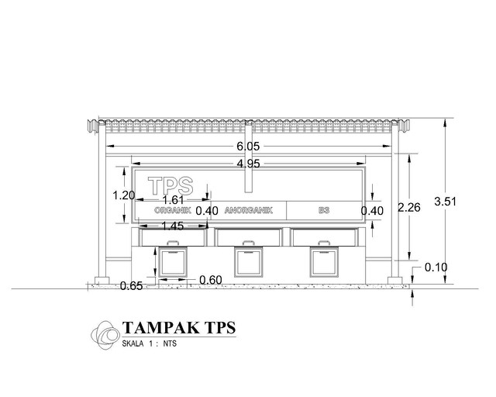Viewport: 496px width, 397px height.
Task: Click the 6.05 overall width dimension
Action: [248, 146]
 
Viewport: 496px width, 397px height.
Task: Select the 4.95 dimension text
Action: [248, 163]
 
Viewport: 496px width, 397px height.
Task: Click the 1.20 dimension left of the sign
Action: [124, 195]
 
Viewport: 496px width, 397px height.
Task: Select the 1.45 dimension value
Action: [173, 226]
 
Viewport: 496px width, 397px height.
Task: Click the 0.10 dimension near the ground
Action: [436, 268]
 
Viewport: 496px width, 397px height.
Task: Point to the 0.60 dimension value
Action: [211, 279]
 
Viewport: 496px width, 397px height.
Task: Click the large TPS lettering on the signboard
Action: [170, 186]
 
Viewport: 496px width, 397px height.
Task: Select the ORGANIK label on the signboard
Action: [172, 210]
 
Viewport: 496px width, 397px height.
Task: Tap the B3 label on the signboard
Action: [323, 210]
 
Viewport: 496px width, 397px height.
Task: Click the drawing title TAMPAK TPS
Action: [178, 327]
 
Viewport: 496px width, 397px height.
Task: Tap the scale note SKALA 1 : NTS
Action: [150, 343]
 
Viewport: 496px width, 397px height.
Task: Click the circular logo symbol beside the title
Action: [105, 333]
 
